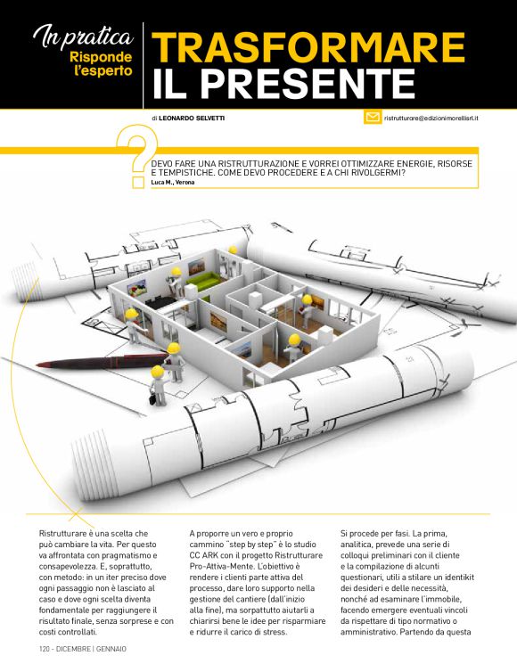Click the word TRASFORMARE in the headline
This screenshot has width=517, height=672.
pos(308,47)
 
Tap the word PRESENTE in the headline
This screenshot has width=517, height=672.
pos(308,83)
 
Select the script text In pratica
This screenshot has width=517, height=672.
pos(84,37)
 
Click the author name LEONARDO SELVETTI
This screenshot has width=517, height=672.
pos(192,118)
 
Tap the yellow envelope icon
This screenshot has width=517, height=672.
pos(373,117)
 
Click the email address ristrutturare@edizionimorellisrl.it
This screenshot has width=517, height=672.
pos(431,118)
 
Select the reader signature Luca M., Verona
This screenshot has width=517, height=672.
pos(173,182)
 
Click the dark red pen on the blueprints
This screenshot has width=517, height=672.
pos(102,362)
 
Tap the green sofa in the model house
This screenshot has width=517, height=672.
pos(203,280)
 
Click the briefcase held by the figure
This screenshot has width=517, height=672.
pos(152,398)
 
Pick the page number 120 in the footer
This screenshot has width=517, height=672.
pos(45,650)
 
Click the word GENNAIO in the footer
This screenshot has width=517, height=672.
pos(111,650)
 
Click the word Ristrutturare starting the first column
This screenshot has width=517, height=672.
pos(59,534)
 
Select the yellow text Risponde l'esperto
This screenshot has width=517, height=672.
pos(101,63)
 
